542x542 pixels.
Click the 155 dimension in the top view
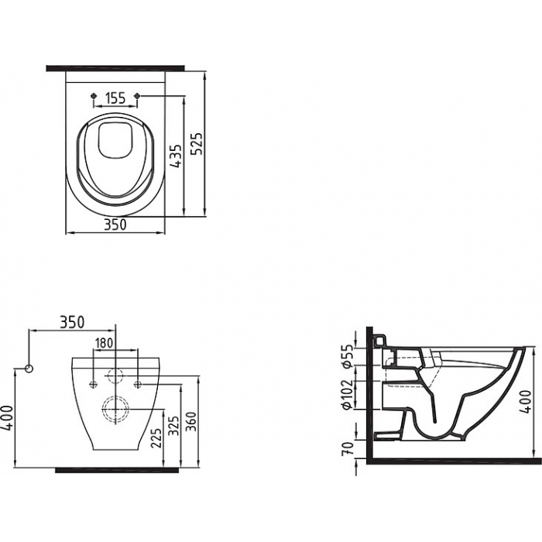coord(115,98)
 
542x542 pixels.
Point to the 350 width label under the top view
coord(115,225)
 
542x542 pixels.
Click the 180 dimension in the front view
coord(104,343)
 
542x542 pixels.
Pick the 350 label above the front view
coord(72,322)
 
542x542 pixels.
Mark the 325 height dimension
coord(175,426)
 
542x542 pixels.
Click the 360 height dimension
coord(192,422)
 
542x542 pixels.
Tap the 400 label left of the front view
coord(8,418)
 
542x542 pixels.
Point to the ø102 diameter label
coord(348,395)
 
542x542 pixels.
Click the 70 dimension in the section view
coord(349,448)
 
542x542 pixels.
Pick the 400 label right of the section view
coord(526,401)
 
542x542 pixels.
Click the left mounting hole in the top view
coord(93,95)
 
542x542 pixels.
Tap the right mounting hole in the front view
coord(138,384)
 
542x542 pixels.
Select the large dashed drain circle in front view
coord(115,410)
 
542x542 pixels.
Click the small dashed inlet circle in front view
coord(115,376)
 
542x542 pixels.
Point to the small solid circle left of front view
coord(29,369)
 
